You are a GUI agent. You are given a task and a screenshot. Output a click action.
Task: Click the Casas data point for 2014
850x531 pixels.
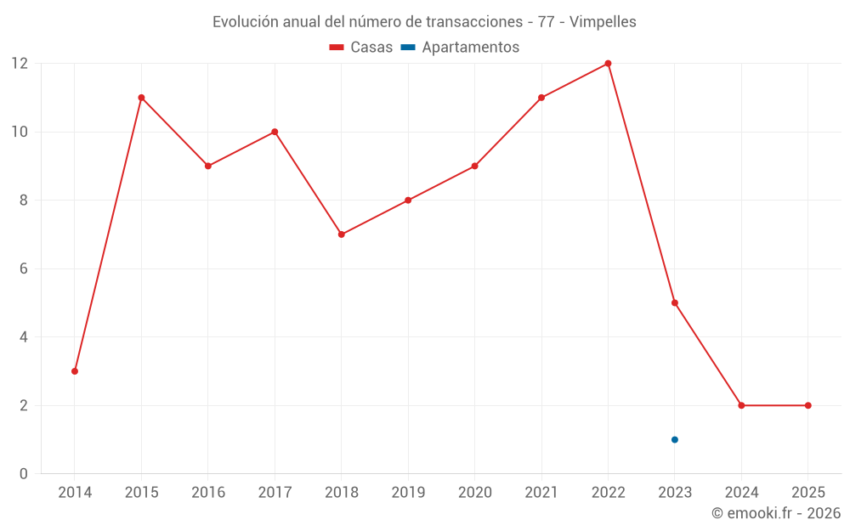75,371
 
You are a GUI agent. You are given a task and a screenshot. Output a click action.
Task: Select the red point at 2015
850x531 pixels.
141,98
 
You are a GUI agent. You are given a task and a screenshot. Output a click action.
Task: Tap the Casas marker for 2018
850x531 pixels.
342,234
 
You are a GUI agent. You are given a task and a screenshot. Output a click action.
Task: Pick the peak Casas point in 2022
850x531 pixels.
608,64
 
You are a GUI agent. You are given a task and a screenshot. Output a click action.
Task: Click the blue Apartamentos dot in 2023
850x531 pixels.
675,439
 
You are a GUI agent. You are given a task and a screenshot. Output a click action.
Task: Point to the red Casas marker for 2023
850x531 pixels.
675,303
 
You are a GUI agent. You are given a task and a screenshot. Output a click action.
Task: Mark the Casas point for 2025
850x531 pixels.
808,405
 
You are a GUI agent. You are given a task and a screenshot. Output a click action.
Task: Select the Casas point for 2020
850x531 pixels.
474,166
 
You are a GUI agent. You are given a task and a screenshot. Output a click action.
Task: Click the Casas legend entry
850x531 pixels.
361,48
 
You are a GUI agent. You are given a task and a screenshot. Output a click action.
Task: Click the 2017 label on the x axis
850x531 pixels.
275,493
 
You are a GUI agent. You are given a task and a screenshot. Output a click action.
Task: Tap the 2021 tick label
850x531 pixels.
541,493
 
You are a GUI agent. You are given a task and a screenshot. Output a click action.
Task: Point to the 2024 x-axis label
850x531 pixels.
741,493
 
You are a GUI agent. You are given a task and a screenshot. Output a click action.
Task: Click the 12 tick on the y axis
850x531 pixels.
20,64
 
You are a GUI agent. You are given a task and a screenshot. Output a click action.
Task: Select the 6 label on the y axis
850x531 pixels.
24,268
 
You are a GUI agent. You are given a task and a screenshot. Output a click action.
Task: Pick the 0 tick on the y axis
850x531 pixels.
24,474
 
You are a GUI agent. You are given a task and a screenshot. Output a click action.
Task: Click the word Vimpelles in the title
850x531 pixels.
603,22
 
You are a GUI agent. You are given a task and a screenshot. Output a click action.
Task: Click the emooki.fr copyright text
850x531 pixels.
775,513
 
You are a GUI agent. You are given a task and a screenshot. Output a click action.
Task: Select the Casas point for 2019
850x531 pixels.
408,201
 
